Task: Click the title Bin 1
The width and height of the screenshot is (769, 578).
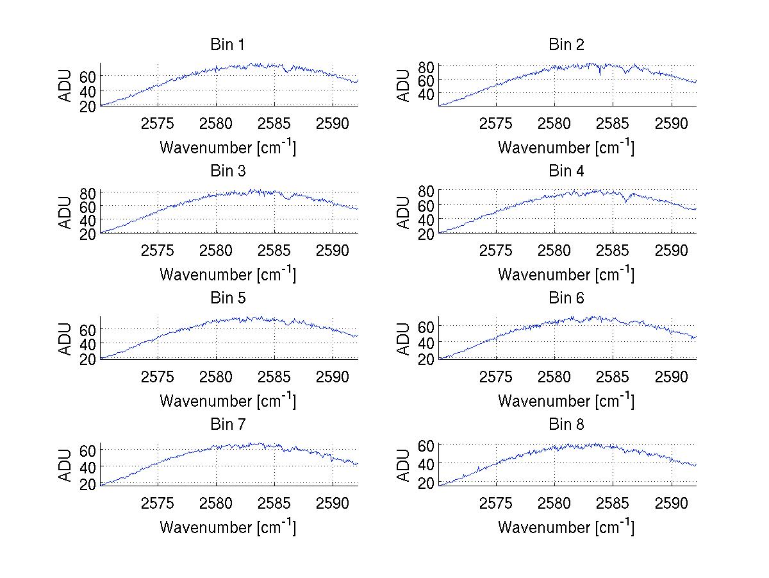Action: point(227,45)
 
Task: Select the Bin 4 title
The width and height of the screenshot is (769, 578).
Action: point(566,171)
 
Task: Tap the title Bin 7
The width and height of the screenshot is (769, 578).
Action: point(227,425)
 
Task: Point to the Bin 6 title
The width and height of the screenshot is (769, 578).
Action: point(566,298)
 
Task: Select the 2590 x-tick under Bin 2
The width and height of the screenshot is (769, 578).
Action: point(672,123)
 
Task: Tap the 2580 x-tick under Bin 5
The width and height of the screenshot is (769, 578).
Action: point(217,377)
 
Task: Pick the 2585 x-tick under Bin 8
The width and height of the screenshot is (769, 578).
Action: point(613,503)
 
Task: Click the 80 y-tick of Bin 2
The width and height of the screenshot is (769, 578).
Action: point(426,67)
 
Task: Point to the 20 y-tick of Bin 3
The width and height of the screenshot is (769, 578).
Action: point(88,234)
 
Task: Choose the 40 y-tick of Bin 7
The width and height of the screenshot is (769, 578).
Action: point(88,466)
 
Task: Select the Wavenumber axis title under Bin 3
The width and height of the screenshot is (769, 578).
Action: point(227,274)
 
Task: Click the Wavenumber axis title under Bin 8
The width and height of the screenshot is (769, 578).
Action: point(566,527)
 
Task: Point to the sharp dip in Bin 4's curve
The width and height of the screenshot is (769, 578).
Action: point(625,202)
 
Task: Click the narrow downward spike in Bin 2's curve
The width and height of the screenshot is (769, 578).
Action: point(600,75)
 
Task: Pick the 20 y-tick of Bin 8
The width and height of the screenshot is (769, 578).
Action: point(426,483)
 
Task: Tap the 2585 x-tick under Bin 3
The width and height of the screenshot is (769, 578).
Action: point(275,250)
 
